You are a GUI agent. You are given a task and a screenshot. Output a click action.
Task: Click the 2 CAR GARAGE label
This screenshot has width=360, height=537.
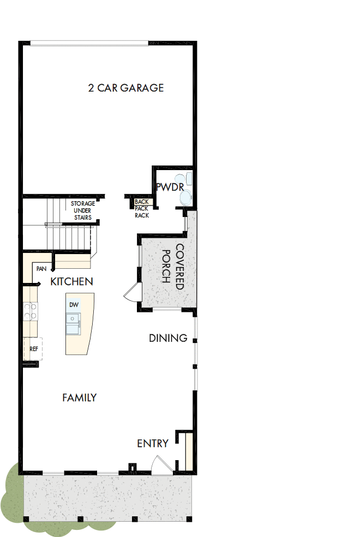[126, 88]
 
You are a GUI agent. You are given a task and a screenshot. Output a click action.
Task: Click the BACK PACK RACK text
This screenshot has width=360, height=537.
[142, 208]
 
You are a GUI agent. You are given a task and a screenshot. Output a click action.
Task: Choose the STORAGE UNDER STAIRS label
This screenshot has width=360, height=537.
[82, 210]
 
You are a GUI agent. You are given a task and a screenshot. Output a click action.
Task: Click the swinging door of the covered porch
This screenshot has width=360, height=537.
[131, 294]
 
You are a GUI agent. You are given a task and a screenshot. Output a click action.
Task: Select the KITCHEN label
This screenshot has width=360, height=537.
[71, 282]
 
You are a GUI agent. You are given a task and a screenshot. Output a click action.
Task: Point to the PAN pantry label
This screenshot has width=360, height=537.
[41, 269]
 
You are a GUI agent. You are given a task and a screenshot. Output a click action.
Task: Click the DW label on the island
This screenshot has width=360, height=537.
[74, 304]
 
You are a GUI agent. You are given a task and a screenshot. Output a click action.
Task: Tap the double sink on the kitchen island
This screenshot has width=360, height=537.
[73, 324]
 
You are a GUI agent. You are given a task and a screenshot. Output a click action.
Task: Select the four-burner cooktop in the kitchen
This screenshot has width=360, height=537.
[30, 311]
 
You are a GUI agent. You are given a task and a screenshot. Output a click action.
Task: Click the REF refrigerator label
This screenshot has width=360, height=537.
[34, 349]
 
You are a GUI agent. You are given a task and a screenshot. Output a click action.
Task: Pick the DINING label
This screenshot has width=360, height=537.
[168, 338]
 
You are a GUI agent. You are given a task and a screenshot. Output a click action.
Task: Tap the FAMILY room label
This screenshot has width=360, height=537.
[79, 397]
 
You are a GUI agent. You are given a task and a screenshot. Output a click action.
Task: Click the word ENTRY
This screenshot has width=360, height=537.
[153, 443]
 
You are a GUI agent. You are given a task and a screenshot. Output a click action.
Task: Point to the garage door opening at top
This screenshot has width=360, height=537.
[89, 44]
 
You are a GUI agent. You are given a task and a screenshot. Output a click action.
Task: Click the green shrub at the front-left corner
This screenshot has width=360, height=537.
[14, 493]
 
